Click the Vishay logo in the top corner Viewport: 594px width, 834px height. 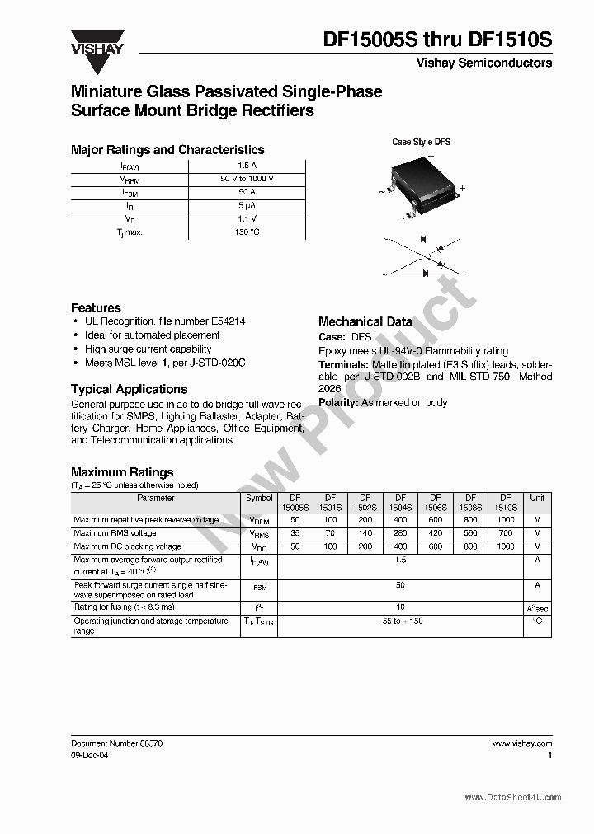pos(97,42)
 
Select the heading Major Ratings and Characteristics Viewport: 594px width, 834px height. pos(167,150)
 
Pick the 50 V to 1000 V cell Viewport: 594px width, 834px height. pos(247,179)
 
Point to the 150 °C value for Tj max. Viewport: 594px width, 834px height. pos(247,232)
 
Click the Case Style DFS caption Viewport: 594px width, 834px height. pos(421,142)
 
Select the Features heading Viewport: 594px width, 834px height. pos(96,307)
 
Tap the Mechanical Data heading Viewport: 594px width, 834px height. pos(365,322)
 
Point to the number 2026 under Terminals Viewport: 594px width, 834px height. pos(330,389)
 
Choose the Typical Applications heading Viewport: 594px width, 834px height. pos(129,389)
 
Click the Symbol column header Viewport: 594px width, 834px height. pos(259,498)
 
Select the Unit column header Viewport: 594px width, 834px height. pos(537,498)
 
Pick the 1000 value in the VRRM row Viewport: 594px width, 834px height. pos(506,520)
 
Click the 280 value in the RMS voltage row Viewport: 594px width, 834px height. pos(400,533)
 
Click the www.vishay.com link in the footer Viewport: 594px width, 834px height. pos(522,743)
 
